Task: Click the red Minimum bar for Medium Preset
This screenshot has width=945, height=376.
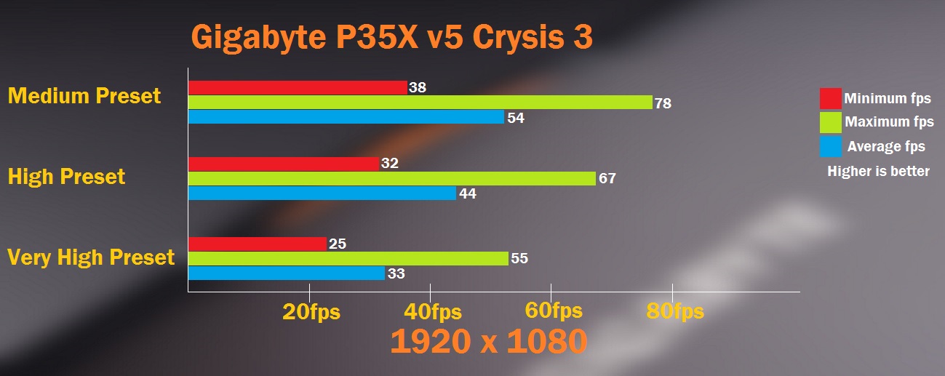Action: [298, 87]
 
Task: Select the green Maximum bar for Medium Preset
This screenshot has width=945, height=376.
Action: [420, 103]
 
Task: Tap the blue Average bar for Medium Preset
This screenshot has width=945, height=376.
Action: [346, 117]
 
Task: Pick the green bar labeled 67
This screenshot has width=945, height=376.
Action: [391, 178]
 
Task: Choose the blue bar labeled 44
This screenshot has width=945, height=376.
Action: [322, 193]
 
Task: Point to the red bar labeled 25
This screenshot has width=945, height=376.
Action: [257, 244]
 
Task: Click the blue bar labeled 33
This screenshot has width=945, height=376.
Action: [286, 273]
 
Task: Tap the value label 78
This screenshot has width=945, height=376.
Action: [663, 103]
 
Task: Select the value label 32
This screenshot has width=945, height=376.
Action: [389, 164]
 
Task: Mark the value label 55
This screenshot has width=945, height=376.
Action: [519, 258]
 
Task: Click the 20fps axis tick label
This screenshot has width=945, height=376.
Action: [311, 312]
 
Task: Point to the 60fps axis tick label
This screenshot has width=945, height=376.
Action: [554, 311]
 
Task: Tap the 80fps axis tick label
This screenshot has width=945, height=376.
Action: [674, 312]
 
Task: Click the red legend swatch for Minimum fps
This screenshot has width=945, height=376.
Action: [830, 98]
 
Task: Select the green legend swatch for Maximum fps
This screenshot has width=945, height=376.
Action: [830, 122]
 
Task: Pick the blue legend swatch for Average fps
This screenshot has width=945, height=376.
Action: [830, 146]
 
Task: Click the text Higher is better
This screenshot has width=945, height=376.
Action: [878, 172]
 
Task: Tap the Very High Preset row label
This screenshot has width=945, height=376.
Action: [91, 257]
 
